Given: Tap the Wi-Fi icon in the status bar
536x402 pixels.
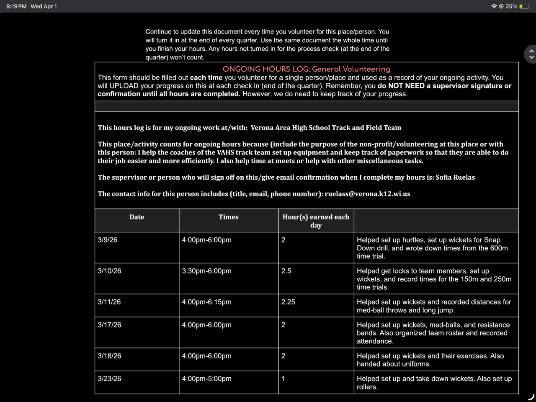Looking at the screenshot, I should click(x=494, y=6).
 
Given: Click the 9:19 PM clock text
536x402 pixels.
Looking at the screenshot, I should click(x=16, y=6).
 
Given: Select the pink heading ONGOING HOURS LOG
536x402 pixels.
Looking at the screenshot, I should click(x=306, y=69).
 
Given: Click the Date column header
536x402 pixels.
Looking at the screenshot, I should click(x=137, y=217).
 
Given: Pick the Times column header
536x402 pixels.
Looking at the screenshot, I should click(x=228, y=217).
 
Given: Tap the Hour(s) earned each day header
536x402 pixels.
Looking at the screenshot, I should click(x=316, y=221).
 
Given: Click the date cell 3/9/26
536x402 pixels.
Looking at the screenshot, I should click(x=108, y=240).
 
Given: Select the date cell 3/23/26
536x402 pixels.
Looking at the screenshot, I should click(x=109, y=379).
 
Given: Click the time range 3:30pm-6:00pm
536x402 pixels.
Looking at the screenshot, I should click(x=206, y=271).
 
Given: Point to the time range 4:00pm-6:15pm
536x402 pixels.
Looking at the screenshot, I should click(x=206, y=302).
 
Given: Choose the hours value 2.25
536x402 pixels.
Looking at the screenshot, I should click(x=288, y=302).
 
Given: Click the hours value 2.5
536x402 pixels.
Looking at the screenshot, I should click(x=286, y=271).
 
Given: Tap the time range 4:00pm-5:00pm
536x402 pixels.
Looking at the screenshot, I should click(x=206, y=379).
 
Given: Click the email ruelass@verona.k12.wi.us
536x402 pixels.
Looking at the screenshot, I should click(x=367, y=194).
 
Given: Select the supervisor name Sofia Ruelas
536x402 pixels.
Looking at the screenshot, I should click(x=455, y=177).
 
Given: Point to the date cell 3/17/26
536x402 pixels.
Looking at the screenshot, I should click(x=109, y=325).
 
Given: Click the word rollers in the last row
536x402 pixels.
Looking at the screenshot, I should click(x=367, y=387).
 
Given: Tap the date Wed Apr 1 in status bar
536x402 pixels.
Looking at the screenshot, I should click(x=44, y=6).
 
